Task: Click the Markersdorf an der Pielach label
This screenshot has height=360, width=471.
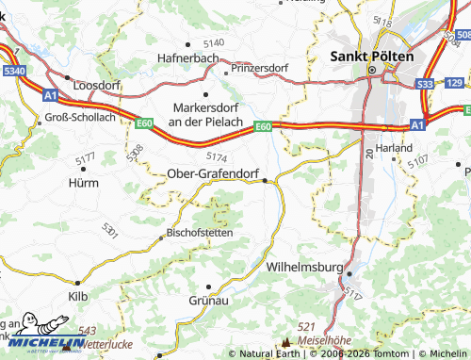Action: click(205, 115)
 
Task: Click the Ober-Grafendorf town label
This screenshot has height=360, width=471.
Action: click(213, 173)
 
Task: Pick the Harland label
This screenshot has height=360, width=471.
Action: click(393, 148)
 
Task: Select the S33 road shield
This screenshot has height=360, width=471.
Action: click(426, 84)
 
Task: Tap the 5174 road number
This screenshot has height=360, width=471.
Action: click(216, 155)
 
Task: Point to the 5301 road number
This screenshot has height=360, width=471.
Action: click(110, 229)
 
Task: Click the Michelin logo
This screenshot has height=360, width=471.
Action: click(44, 342)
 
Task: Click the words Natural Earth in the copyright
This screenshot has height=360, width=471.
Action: click(272, 353)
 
